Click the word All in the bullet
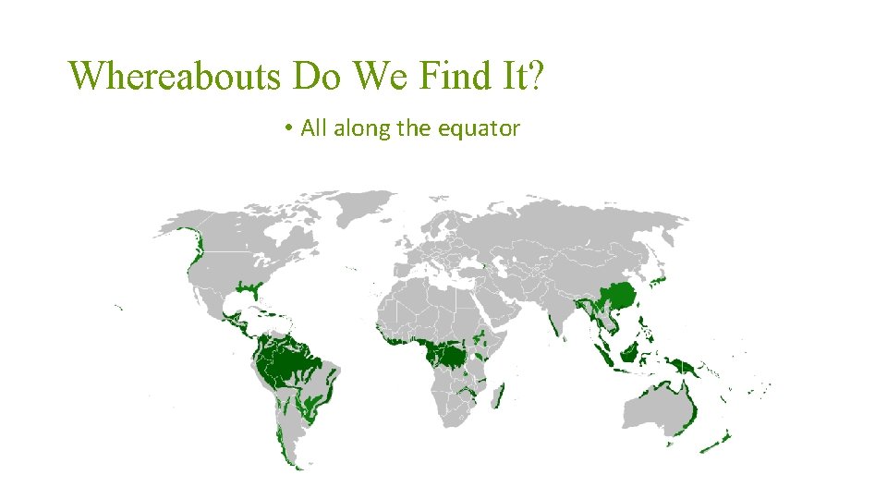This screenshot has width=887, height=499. coord(314,128)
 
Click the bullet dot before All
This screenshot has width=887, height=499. coord(290,129)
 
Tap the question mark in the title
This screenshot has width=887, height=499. coord(536,76)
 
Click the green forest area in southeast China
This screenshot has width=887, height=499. coord(616,297)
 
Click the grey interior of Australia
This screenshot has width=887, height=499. coord(656,407)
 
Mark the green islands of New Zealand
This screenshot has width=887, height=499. coord(717,442)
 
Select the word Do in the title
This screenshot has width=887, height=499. coord(318,76)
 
